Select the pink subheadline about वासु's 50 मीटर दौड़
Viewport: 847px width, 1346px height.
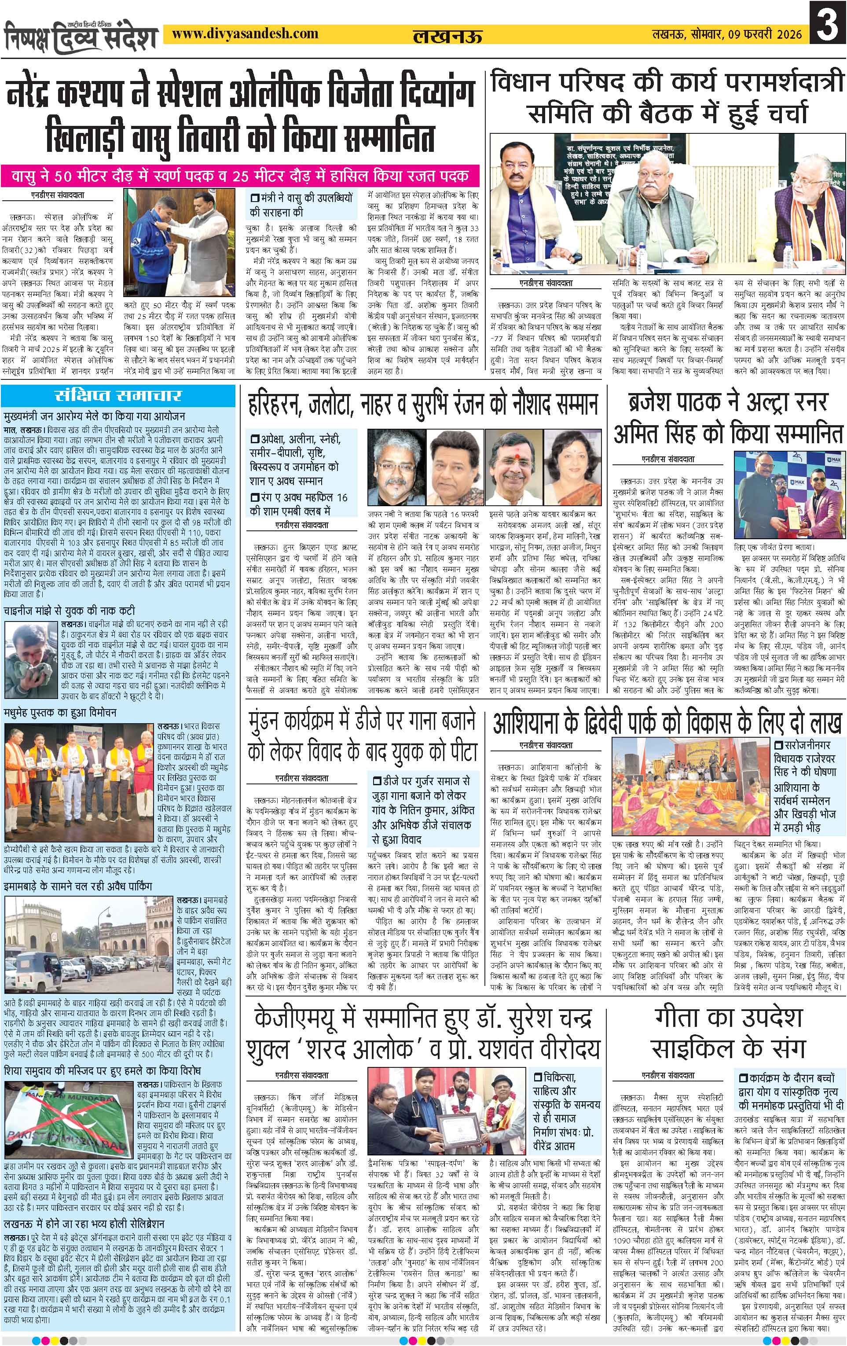(241, 177)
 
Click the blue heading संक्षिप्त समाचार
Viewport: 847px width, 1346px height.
(119, 396)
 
